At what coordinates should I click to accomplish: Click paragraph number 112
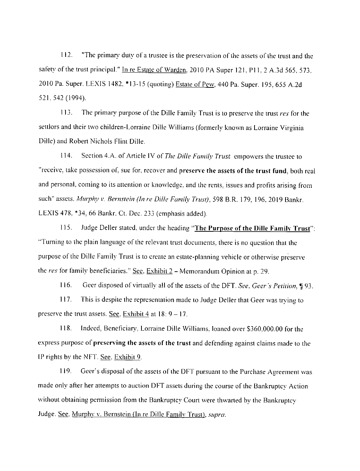click(x=65, y=56)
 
